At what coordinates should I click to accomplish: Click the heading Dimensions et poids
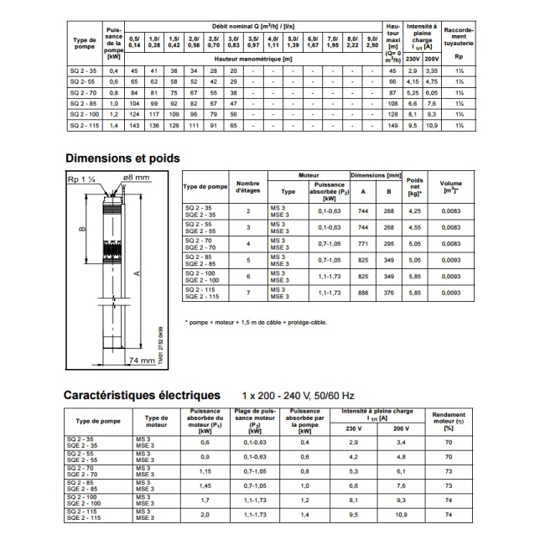[x=122, y=157]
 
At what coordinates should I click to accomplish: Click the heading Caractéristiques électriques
[x=143, y=394]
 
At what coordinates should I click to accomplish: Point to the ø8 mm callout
[x=137, y=178]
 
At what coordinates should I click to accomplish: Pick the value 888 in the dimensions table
[x=363, y=293]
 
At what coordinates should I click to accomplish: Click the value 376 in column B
[x=388, y=293]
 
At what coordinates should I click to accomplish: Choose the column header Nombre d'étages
[x=247, y=187]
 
